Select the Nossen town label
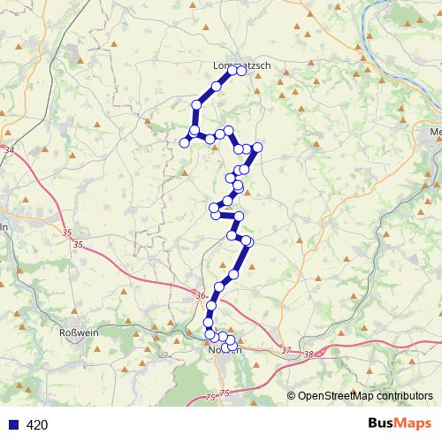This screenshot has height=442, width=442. [225, 350]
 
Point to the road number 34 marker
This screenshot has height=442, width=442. [9, 151]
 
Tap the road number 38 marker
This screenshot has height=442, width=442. [308, 354]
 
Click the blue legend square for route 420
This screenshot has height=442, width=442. [12, 425]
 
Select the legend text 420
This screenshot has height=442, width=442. [37, 425]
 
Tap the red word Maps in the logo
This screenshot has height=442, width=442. [413, 424]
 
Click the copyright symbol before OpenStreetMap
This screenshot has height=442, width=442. [292, 395]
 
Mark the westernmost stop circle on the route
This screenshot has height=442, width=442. [185, 142]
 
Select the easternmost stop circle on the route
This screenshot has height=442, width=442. [258, 148]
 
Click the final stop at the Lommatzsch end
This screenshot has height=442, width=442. [240, 72]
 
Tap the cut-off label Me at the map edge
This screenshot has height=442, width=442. [435, 133]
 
